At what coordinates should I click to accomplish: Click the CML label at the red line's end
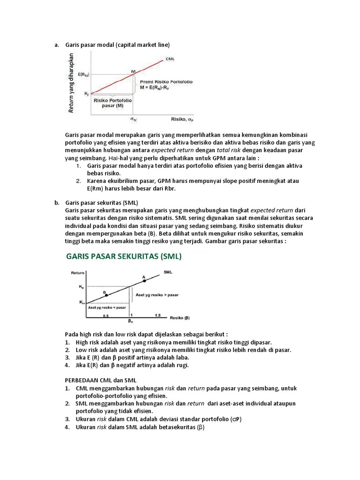click(171, 60)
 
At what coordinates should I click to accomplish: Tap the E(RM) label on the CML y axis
click(84, 75)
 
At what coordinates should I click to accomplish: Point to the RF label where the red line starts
click(87, 94)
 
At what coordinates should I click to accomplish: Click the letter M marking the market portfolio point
click(133, 71)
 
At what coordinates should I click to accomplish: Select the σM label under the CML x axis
click(134, 120)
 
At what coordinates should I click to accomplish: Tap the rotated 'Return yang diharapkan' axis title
click(72, 82)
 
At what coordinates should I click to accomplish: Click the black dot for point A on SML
click(144, 280)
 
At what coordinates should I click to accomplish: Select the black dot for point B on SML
click(106, 295)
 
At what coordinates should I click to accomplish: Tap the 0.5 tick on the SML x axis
click(106, 316)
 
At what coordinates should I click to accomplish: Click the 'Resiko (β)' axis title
click(180, 317)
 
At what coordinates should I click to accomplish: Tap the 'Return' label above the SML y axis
click(78, 272)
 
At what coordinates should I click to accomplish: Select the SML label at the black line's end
click(168, 271)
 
